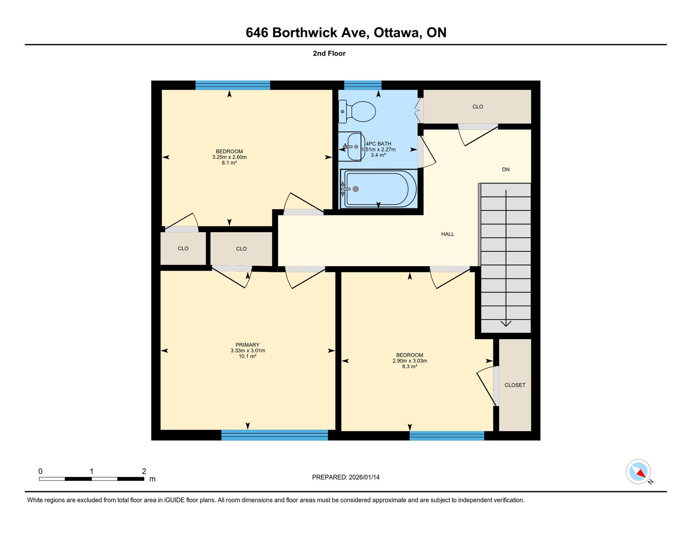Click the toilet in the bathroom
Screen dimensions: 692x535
click(357, 112)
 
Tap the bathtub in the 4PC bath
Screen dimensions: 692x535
click(379, 189)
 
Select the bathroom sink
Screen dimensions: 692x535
click(350, 146)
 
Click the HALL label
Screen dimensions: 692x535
click(447, 234)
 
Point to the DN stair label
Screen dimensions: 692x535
click(506, 169)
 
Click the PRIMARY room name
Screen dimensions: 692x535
click(247, 345)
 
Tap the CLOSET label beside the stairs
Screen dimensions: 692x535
click(515, 385)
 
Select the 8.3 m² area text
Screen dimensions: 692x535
click(410, 366)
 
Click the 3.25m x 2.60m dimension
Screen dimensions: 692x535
click(229, 157)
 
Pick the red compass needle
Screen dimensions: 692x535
click(641, 473)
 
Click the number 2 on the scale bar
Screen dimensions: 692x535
click(144, 471)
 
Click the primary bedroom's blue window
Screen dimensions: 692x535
click(274, 435)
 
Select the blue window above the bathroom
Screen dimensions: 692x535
click(363, 85)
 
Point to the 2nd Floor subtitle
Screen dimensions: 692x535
click(329, 53)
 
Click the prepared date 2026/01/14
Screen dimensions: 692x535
click(364, 477)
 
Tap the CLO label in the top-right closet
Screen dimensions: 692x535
click(477, 107)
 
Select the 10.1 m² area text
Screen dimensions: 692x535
click(247, 356)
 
